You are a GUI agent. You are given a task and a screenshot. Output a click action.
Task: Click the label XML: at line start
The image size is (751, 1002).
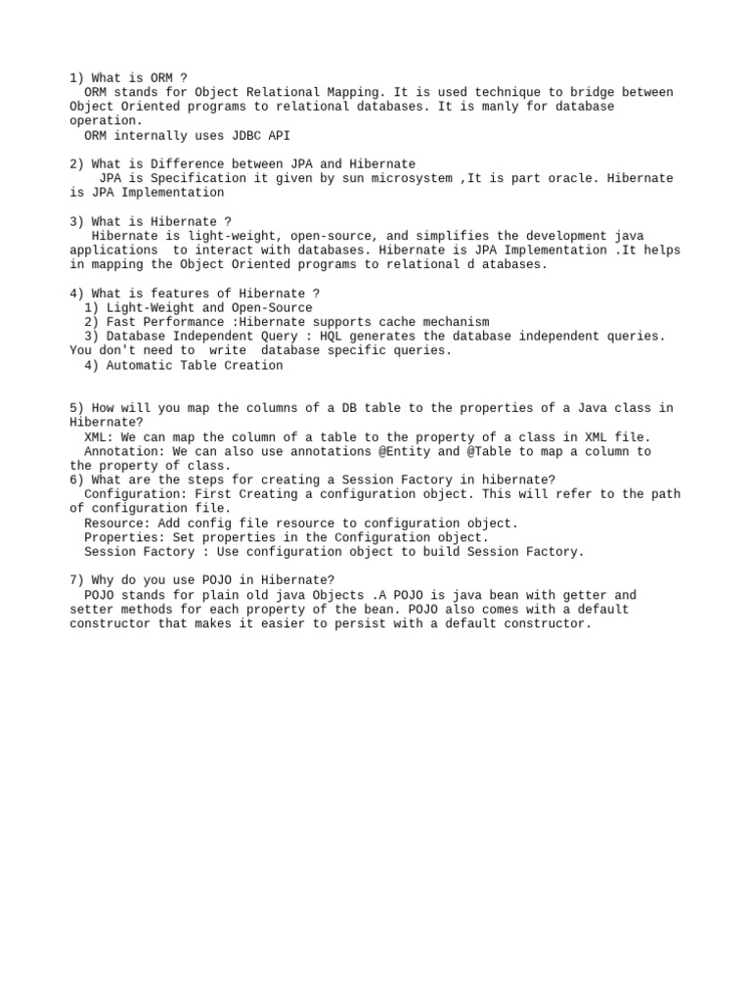coord(99,437)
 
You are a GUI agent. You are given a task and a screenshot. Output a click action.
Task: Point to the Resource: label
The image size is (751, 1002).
coord(117,524)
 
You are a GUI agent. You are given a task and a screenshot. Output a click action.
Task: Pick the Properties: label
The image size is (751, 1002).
coord(125,538)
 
